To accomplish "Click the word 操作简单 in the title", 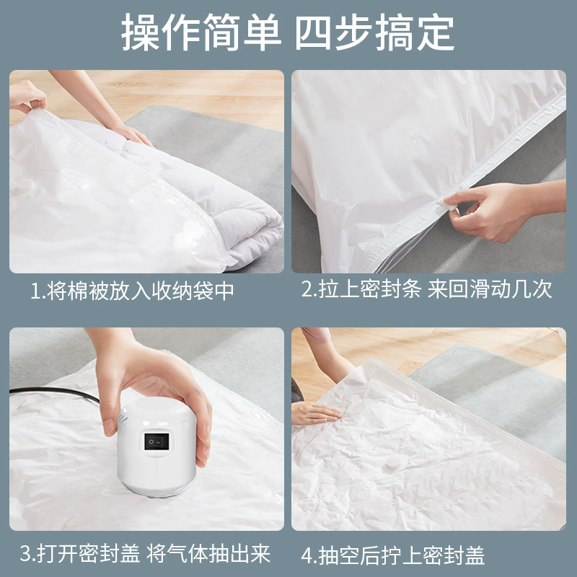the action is point(201,32).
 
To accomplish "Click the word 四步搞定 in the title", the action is point(374,32).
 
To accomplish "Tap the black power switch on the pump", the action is point(157,441).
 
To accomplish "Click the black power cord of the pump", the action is point(56,394).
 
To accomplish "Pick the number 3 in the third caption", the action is point(25,553).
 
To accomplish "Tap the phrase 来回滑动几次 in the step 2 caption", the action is point(490,289).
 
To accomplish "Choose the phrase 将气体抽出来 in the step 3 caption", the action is point(208,553).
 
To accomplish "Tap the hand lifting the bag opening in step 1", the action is point(27,97).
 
